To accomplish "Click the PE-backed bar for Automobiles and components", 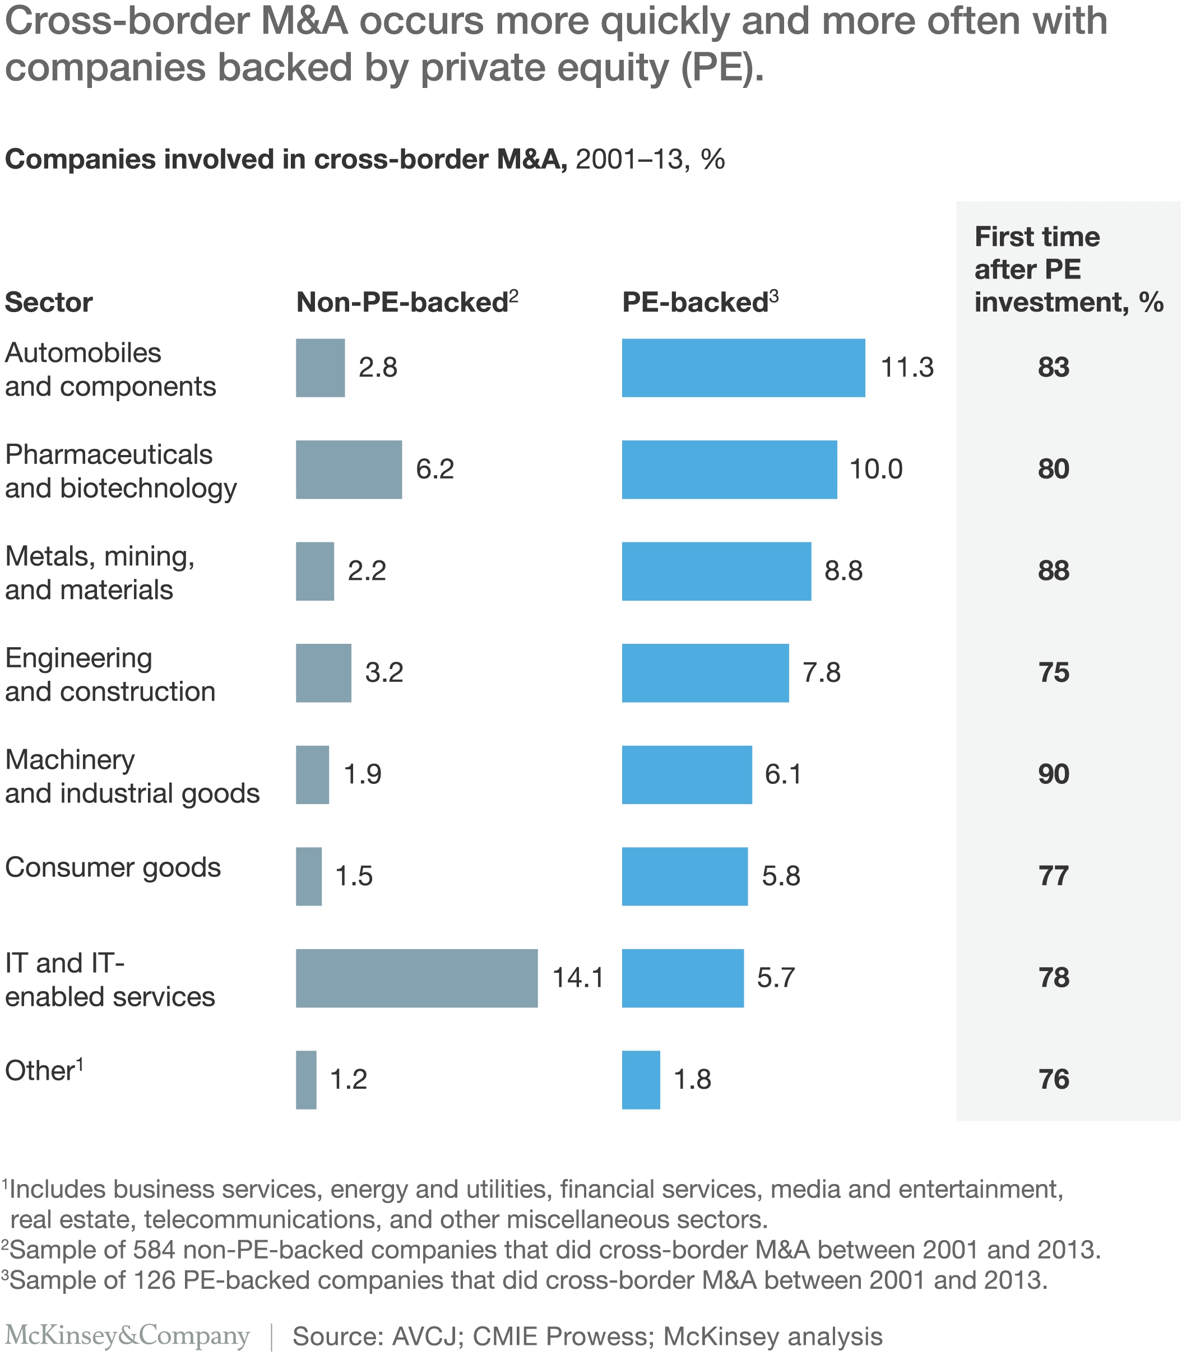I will tap(743, 368).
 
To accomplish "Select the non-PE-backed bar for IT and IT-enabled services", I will tap(417, 978).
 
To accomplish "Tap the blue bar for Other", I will tap(641, 1079).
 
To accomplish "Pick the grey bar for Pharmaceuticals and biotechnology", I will tap(349, 470).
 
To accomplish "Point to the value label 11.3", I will tap(907, 368).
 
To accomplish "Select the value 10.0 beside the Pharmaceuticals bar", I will tap(876, 469).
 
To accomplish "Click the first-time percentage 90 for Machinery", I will tap(1054, 774).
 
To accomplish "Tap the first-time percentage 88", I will tap(1054, 571).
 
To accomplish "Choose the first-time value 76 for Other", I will tap(1054, 1079).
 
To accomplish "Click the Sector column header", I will tap(49, 303).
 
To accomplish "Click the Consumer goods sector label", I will tap(113, 868).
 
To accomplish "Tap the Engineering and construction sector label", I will tap(110, 675).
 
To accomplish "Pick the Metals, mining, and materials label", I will tap(100, 573).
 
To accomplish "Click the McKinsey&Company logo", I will tap(127, 1336).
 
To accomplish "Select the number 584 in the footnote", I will tap(154, 1250).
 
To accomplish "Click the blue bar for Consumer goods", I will tap(684, 876).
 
